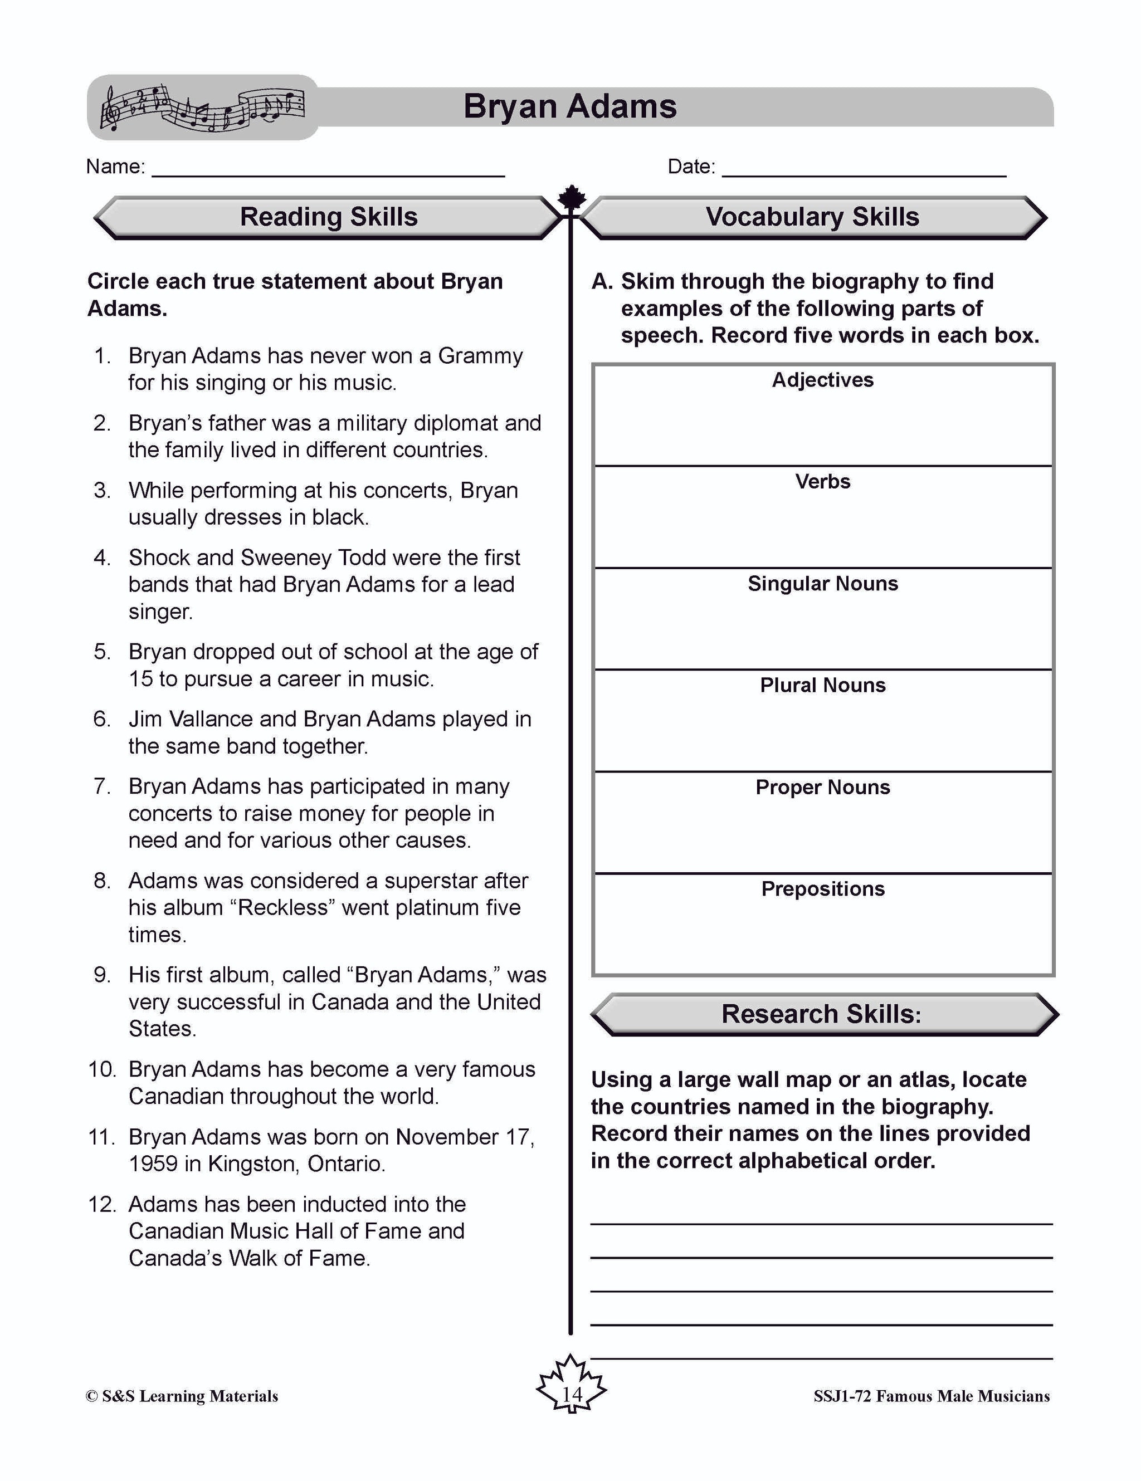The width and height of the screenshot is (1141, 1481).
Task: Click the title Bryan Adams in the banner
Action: click(570, 106)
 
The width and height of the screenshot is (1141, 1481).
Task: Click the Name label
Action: click(115, 167)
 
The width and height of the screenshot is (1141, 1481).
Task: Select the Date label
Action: click(691, 167)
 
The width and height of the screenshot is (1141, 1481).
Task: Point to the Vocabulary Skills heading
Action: click(812, 217)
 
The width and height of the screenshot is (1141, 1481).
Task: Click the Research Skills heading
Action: click(821, 1014)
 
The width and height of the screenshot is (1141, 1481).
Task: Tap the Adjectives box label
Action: click(822, 380)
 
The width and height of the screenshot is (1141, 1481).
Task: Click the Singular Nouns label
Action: click(822, 583)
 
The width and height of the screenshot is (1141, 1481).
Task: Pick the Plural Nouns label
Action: click(822, 685)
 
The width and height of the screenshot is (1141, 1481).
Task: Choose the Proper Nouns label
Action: click(822, 788)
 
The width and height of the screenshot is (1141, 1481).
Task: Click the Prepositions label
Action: click(822, 889)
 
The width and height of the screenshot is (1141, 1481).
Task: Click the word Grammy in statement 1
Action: click(480, 356)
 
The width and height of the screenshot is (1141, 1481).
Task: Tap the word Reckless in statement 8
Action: click(282, 907)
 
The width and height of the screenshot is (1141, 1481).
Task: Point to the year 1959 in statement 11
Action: click(153, 1164)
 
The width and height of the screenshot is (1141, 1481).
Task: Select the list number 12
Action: click(103, 1204)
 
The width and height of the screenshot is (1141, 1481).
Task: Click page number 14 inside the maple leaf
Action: click(571, 1394)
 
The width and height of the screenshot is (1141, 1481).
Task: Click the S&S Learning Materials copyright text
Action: click(182, 1396)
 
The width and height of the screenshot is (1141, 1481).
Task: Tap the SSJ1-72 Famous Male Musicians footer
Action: click(932, 1396)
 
